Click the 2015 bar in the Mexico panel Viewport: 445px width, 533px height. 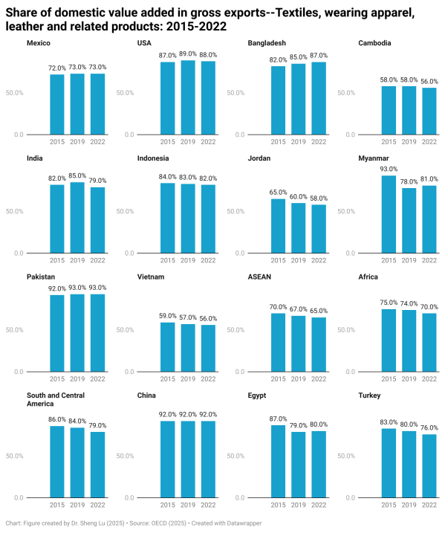pyautogui.click(x=57, y=104)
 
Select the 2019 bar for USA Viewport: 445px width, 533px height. pyautogui.click(x=188, y=97)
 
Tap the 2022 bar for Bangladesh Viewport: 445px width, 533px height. pyautogui.click(x=319, y=98)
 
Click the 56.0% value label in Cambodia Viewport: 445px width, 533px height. pyautogui.click(x=429, y=80)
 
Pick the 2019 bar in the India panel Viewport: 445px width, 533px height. pyautogui.click(x=77, y=218)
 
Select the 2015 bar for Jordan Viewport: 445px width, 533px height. pyautogui.click(x=278, y=226)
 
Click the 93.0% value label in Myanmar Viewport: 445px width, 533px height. pyautogui.click(x=389, y=169)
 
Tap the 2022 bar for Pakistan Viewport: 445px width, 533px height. pyautogui.click(x=97, y=333)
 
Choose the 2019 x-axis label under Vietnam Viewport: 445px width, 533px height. pyautogui.click(x=188, y=378)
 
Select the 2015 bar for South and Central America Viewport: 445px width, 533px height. pyautogui.click(x=57, y=462)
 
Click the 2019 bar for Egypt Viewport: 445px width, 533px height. pyautogui.click(x=298, y=465)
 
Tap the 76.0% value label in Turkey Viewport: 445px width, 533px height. pyautogui.click(x=429, y=427)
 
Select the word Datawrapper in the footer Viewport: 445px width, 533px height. pyautogui.click(x=241, y=523)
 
